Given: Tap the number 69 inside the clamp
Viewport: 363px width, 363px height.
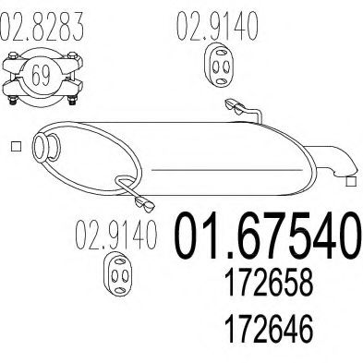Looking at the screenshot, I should coord(40,75).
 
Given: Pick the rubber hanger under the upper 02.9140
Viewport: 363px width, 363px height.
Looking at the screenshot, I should coord(220,68).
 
